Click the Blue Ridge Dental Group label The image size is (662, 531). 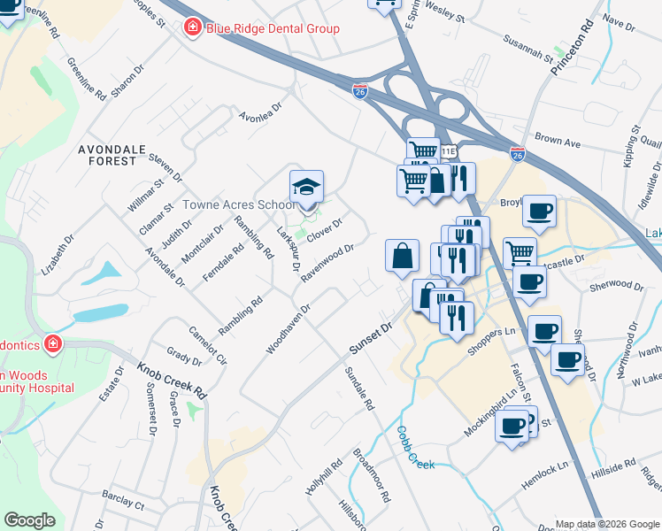coord(273,28)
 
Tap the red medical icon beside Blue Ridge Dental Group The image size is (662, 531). coord(192,28)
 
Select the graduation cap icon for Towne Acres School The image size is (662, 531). coord(306,187)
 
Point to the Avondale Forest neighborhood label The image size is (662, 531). coord(119,155)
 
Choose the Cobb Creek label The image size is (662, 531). coord(414,449)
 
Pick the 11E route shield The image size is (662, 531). coord(449,152)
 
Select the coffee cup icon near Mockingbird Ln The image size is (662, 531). coord(512,427)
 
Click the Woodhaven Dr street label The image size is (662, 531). coord(288,329)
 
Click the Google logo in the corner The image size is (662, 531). coord(30,520)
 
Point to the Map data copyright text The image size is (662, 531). coord(607,524)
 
